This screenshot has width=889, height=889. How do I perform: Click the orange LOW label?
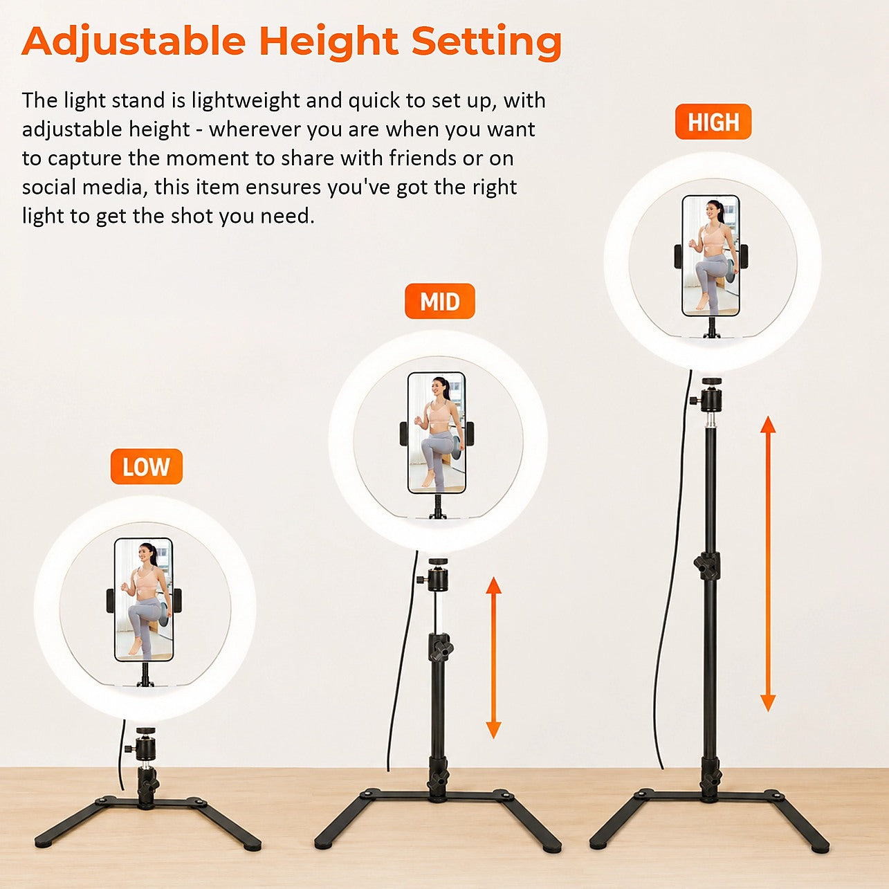[x=146, y=466]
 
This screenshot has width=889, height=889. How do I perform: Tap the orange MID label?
[x=439, y=301]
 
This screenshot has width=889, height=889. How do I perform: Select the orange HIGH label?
[x=713, y=122]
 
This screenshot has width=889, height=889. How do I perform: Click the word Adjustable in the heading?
[x=134, y=42]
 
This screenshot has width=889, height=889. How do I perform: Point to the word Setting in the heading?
[x=487, y=42]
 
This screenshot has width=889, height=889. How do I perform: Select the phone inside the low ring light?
[x=144, y=600]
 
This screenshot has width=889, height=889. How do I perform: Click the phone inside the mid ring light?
[x=437, y=433]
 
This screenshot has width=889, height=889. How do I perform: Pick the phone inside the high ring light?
[x=711, y=255]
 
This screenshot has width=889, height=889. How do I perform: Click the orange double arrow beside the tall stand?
[x=768, y=563]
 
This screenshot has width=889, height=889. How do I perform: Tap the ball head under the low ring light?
[x=145, y=743]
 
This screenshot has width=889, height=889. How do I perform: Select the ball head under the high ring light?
[x=711, y=395]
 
